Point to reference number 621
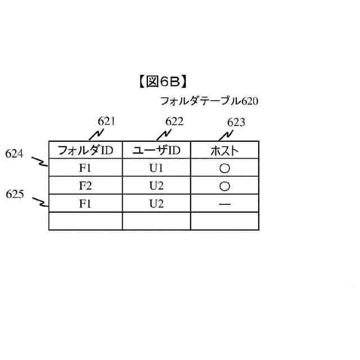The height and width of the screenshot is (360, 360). [x=106, y=121]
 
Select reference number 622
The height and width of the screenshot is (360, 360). [x=174, y=121]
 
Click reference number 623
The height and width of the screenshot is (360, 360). [x=236, y=122]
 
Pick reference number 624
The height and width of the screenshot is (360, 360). [x=14, y=153]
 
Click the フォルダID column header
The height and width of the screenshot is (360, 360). [x=85, y=150]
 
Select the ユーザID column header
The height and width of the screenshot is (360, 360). [x=156, y=150]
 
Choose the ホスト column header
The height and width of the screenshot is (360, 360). [x=224, y=150]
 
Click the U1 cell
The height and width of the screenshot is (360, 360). [x=156, y=168]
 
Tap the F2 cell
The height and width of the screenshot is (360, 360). [x=85, y=186]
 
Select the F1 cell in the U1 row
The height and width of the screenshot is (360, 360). [x=85, y=168]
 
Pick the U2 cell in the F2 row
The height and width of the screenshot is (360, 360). [x=156, y=186]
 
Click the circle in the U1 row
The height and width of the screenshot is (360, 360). [x=224, y=168]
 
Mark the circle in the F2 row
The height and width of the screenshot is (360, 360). [x=224, y=186]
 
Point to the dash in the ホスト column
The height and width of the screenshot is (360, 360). [x=224, y=204]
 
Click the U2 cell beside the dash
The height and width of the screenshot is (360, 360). [x=156, y=204]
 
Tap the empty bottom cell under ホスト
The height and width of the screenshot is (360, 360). [x=224, y=221]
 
